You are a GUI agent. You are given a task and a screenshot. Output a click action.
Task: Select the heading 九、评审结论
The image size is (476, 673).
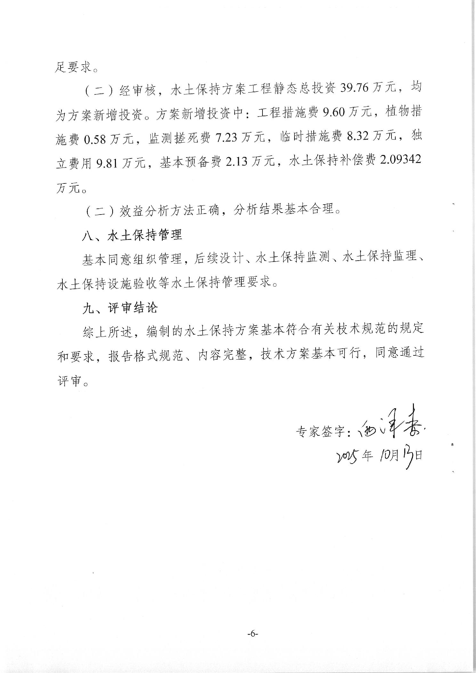120,308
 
